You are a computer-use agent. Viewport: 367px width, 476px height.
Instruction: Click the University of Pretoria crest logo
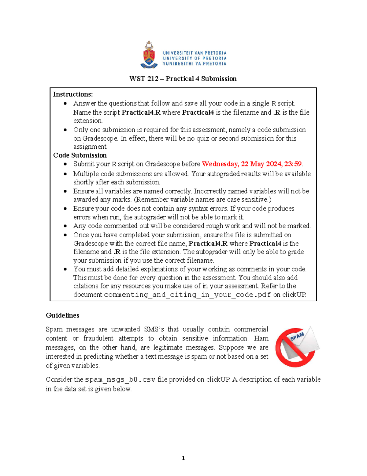(149, 55)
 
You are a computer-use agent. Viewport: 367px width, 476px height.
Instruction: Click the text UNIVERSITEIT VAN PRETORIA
(195, 53)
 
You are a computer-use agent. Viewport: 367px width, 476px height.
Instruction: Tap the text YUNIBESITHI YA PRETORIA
(195, 64)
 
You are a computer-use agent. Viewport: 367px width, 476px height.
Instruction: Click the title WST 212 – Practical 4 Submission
(183, 79)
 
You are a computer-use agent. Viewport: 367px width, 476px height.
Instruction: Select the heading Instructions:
(73, 94)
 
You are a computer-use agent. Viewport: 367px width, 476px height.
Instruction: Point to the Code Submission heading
(80, 155)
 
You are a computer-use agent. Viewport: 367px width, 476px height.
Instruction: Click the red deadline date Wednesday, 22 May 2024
(242, 164)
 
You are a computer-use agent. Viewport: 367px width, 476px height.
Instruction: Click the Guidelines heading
(62, 315)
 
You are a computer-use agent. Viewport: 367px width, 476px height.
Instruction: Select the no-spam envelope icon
(297, 347)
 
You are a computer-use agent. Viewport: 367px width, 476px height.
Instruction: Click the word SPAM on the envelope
(297, 336)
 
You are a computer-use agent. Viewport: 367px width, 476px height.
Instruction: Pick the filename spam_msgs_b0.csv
(120, 379)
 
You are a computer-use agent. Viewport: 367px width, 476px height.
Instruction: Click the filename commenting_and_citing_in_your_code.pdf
(187, 295)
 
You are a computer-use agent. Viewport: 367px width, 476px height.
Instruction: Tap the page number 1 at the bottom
(183, 458)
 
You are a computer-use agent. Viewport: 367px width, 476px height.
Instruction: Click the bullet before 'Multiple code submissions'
(65, 174)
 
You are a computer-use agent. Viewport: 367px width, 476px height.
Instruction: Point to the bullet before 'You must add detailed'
(65, 269)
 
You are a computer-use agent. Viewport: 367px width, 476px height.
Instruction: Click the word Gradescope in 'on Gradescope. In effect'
(100, 139)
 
